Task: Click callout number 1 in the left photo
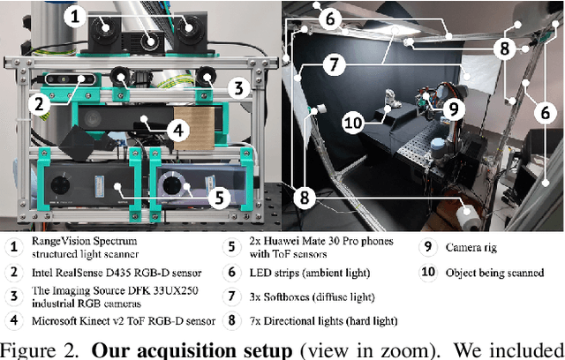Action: pyautogui.click(x=76, y=15)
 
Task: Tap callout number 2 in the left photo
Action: pyautogui.click(x=37, y=102)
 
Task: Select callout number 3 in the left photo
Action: pyautogui.click(x=237, y=87)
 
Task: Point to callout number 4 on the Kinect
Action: pyautogui.click(x=177, y=129)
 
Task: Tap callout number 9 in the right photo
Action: pyautogui.click(x=454, y=109)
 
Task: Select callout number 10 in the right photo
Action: pyautogui.click(x=353, y=123)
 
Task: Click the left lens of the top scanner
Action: pyautogui.click(x=105, y=27)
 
